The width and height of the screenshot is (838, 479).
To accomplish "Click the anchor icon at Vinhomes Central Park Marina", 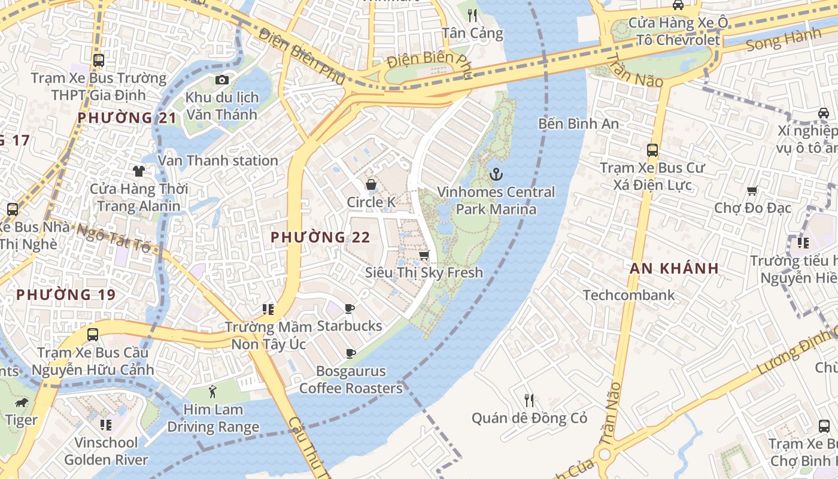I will pos(496,175).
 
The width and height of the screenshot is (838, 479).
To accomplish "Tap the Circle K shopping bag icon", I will pos(371,184).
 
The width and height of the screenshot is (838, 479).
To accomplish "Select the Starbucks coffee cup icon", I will pos(350,309).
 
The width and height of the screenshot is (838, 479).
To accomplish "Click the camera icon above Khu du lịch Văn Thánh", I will pos(222,80).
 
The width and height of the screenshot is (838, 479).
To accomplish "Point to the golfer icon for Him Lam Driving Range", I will pos(212,393).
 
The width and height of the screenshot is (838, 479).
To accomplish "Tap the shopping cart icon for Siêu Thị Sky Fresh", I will pos(424,256).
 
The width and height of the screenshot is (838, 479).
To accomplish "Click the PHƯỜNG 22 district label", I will pos(320,237).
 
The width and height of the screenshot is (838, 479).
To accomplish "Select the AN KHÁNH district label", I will pos(674,268).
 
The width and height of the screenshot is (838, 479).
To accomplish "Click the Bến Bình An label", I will pos(578,123).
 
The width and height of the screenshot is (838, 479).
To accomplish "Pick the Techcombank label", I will pos(628,295).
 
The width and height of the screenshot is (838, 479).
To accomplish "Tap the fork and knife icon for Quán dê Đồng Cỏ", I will pos(529,400).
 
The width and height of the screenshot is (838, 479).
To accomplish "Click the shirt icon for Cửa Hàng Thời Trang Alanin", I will pos(139,171).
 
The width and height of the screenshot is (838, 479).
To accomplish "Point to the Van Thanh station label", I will pos(218,160).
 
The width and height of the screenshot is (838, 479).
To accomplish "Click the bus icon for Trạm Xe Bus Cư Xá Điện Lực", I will pos(652,150).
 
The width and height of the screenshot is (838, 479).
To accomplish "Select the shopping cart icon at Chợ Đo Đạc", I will pos(752,190).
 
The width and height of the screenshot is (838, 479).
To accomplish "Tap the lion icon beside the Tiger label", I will pos(22,402).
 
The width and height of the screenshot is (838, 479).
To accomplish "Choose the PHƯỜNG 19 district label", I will pos(66,295).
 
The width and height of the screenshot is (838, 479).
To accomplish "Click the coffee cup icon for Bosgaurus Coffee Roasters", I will pos(351,354).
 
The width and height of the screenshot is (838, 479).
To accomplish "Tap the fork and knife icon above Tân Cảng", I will pos(472,15).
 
